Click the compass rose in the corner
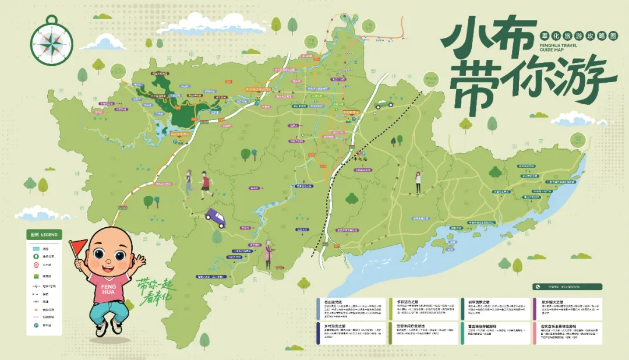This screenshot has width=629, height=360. pos(52,43)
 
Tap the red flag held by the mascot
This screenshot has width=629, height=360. pos(77,247)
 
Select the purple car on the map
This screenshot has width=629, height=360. pos(215,218)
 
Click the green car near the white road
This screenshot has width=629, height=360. pos(384,105)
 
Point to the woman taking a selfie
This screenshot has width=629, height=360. pos(418,182)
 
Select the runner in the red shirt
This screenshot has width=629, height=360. pos(205,182)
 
